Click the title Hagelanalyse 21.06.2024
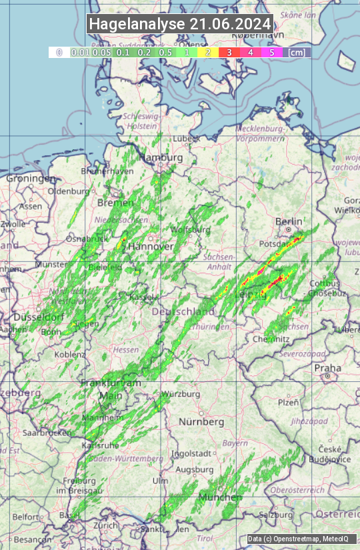point(180,24)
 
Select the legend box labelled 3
point(229,52)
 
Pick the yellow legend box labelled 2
point(208,52)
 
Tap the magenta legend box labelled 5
point(271,52)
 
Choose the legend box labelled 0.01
point(80,52)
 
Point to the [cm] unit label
point(297,52)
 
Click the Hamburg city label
point(160,157)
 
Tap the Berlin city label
point(289,221)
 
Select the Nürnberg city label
point(201,422)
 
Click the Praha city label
point(327,368)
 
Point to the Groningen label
point(31,179)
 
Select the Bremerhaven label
point(102,171)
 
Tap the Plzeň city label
point(288,402)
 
